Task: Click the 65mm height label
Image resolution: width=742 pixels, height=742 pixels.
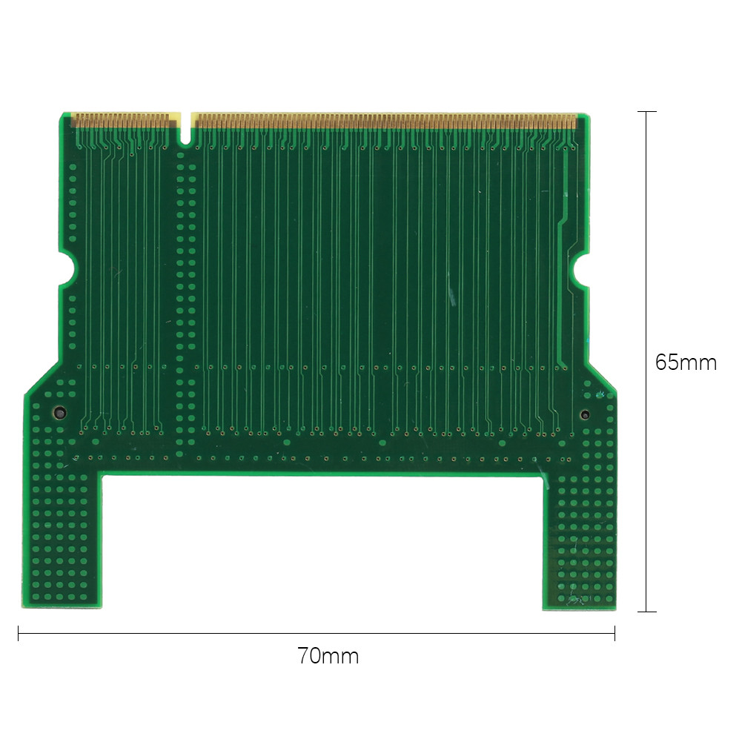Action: point(686,362)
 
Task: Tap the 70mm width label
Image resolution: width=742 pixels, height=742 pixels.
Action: point(328,656)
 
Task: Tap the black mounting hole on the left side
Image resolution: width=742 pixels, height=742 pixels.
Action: point(58,413)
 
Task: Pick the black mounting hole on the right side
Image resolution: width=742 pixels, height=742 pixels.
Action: point(585,414)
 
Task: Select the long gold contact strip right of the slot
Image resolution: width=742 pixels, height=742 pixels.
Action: point(384,119)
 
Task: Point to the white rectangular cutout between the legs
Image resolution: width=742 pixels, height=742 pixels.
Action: point(322,541)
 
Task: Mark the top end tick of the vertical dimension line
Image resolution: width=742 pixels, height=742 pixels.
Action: point(647,112)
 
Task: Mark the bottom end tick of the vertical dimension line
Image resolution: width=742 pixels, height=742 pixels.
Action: point(647,612)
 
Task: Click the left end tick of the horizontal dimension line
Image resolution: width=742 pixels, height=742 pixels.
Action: point(19,634)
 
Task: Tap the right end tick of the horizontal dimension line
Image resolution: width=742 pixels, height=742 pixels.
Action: point(615,634)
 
